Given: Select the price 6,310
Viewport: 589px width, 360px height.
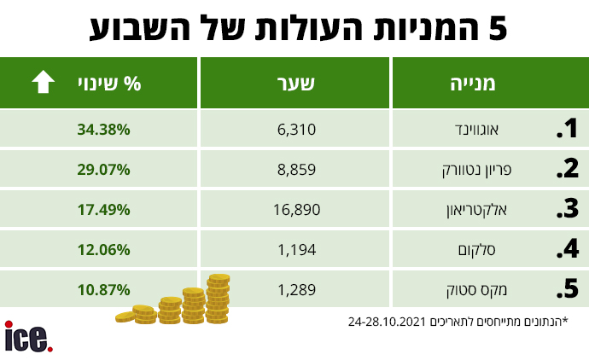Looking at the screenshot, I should tap(296, 130).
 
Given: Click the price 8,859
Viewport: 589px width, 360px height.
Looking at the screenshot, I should tap(296, 170).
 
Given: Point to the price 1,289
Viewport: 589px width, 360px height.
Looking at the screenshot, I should tap(296, 289).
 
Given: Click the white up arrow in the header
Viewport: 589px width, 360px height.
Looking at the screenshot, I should tap(43, 82).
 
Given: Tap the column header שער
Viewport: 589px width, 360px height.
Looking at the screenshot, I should tap(295, 83).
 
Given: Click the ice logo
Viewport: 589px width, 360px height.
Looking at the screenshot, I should tap(28, 337).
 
